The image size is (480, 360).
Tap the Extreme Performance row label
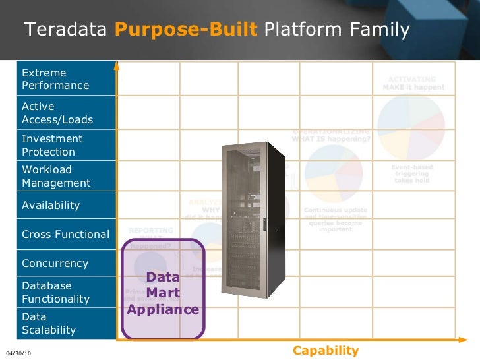coord(55,79)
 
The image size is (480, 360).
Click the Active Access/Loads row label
coord(57,113)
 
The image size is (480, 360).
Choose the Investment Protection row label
coord(52,145)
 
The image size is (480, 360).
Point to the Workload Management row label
coord(56,176)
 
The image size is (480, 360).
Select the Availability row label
coord(51,206)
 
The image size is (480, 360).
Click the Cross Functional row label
coord(65,235)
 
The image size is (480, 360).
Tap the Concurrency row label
coord(55,264)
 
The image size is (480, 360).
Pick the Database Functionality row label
coord(55,292)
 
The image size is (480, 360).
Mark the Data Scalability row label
coord(49,323)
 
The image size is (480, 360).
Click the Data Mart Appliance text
coord(163,293)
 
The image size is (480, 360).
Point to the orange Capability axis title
coord(326,351)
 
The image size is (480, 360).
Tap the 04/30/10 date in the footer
coord(18,354)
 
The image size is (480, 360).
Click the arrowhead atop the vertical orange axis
coord(117,65)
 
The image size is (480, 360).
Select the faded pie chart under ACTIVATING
coord(411,125)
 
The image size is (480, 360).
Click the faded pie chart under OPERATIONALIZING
coord(334,173)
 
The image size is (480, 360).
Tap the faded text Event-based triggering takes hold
coord(412,173)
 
